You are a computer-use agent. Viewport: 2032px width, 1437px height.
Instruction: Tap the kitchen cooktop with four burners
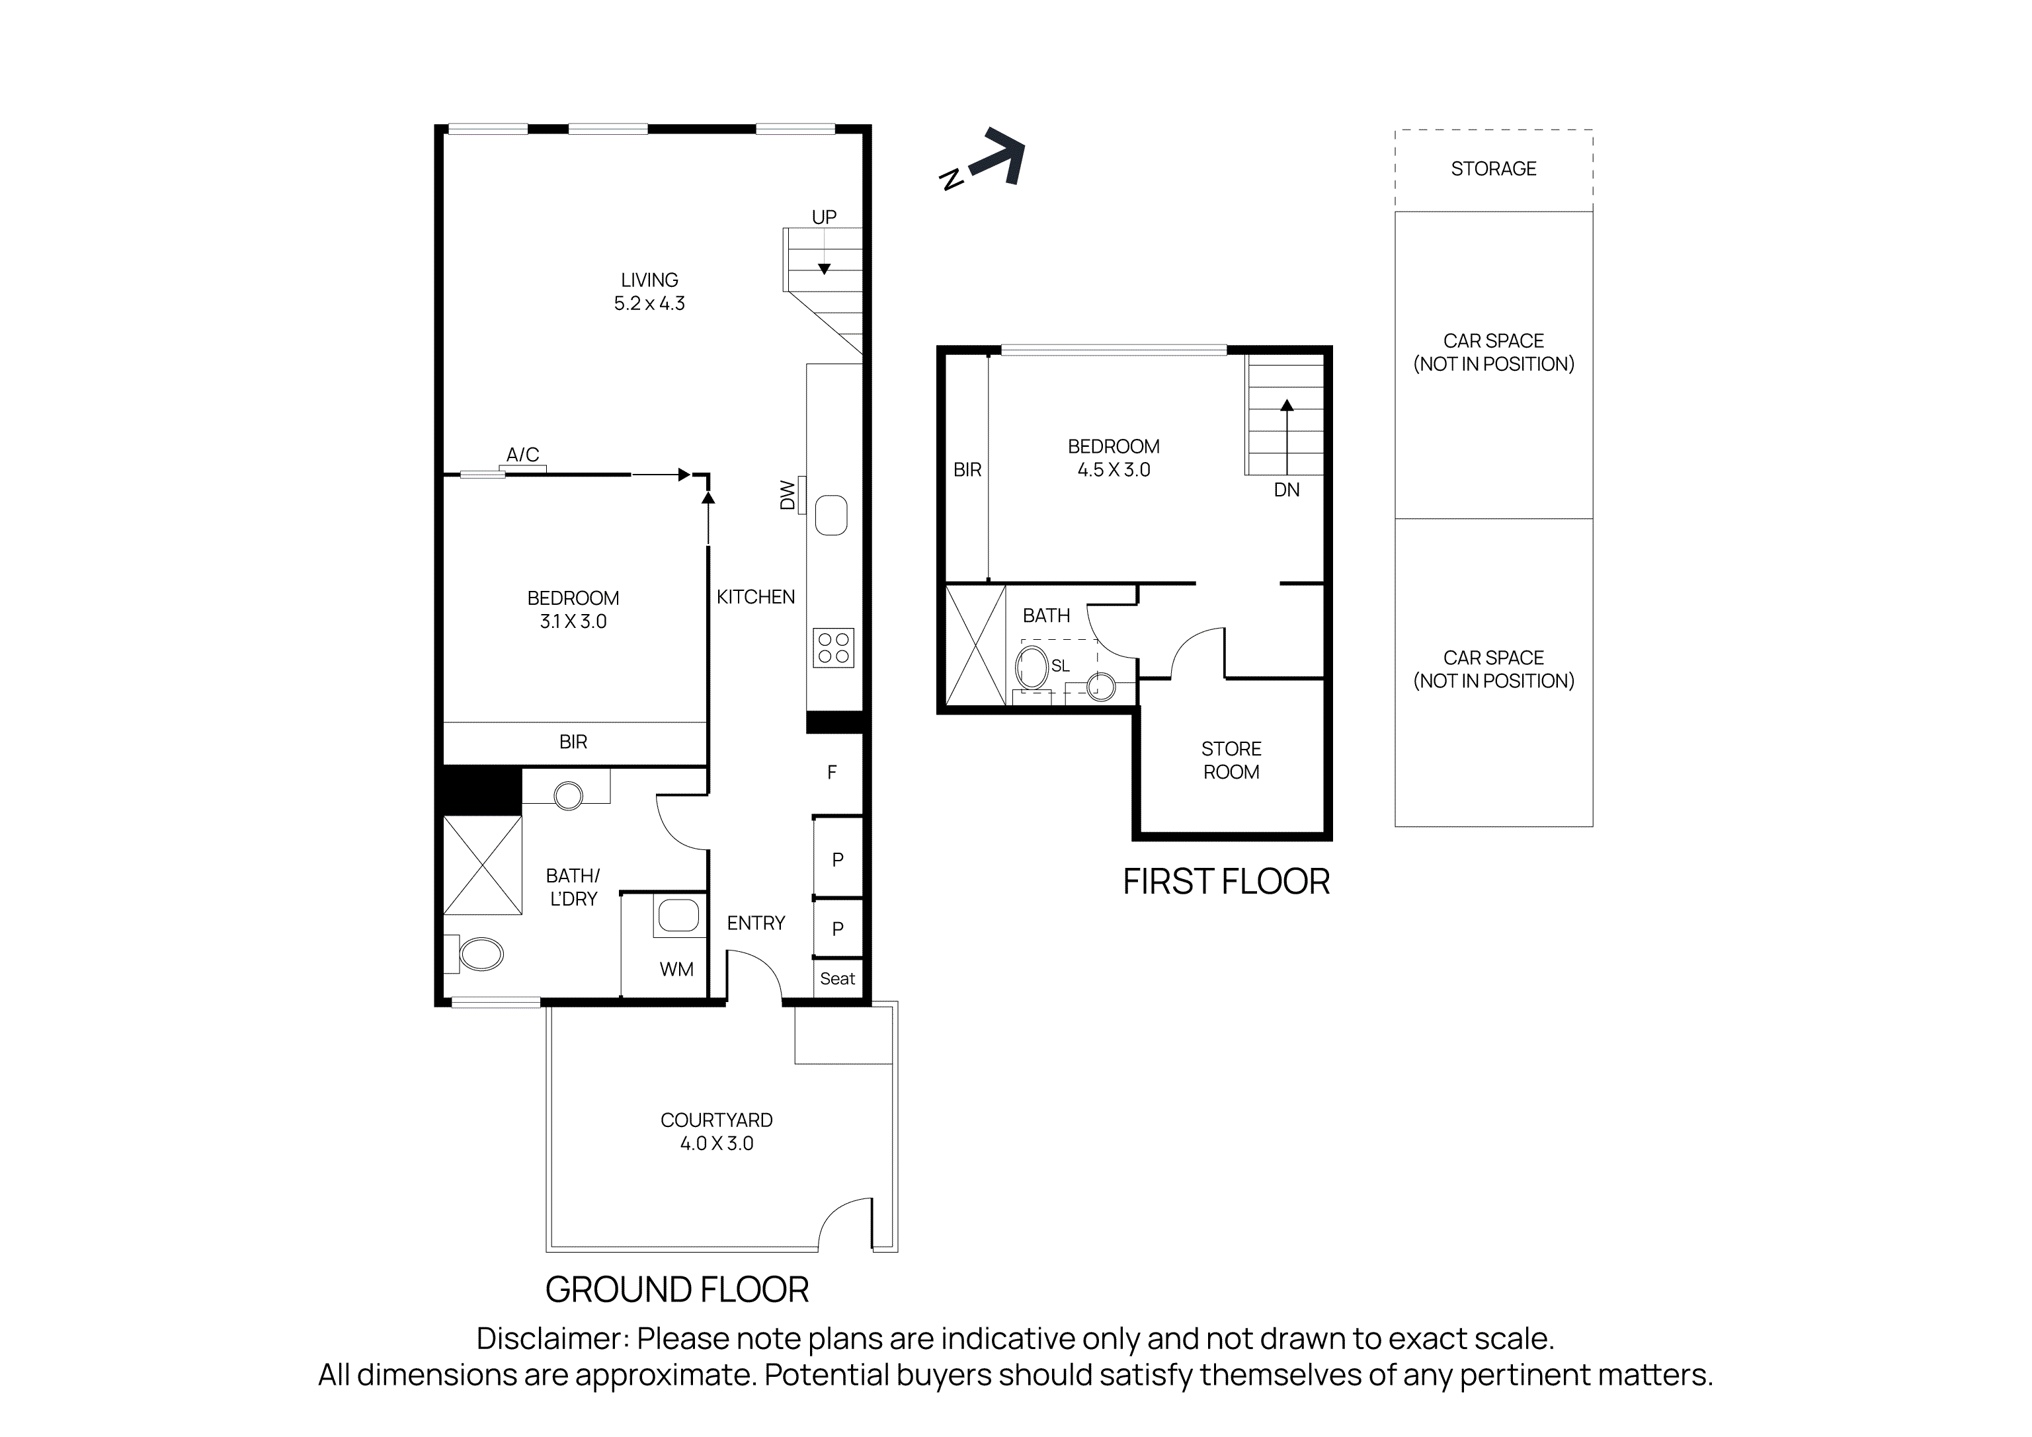pyautogui.click(x=833, y=648)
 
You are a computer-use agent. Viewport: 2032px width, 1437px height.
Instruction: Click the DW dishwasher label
pyautogui.click(x=787, y=496)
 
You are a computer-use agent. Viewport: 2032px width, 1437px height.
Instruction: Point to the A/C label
pyautogui.click(x=522, y=455)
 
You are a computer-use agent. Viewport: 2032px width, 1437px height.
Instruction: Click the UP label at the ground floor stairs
pyautogui.click(x=824, y=217)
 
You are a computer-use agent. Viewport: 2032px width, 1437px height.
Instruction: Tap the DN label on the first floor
pyautogui.click(x=1286, y=489)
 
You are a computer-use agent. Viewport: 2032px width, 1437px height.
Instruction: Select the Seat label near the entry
pyautogui.click(x=837, y=979)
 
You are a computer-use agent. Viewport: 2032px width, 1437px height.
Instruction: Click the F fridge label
pyautogui.click(x=831, y=773)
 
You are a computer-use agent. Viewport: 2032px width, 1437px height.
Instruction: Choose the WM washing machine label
pyautogui.click(x=676, y=970)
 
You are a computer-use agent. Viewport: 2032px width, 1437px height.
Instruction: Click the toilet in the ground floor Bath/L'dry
pyautogui.click(x=481, y=954)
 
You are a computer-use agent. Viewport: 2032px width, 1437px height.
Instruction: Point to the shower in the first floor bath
pyautogui.click(x=975, y=645)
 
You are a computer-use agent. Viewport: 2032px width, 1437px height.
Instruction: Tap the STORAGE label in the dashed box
pyautogui.click(x=1493, y=168)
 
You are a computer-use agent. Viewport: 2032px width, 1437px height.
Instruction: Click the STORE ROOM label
pyautogui.click(x=1231, y=760)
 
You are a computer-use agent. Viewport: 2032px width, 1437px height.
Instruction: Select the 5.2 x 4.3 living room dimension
pyautogui.click(x=649, y=303)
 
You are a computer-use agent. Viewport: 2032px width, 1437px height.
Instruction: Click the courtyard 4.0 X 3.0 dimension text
pyautogui.click(x=716, y=1144)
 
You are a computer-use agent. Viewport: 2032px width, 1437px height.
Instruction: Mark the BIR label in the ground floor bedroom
pyautogui.click(x=573, y=742)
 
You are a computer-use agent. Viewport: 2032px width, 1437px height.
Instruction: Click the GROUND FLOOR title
pyautogui.click(x=676, y=1290)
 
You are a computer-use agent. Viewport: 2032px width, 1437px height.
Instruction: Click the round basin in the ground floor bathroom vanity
pyautogui.click(x=567, y=795)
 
